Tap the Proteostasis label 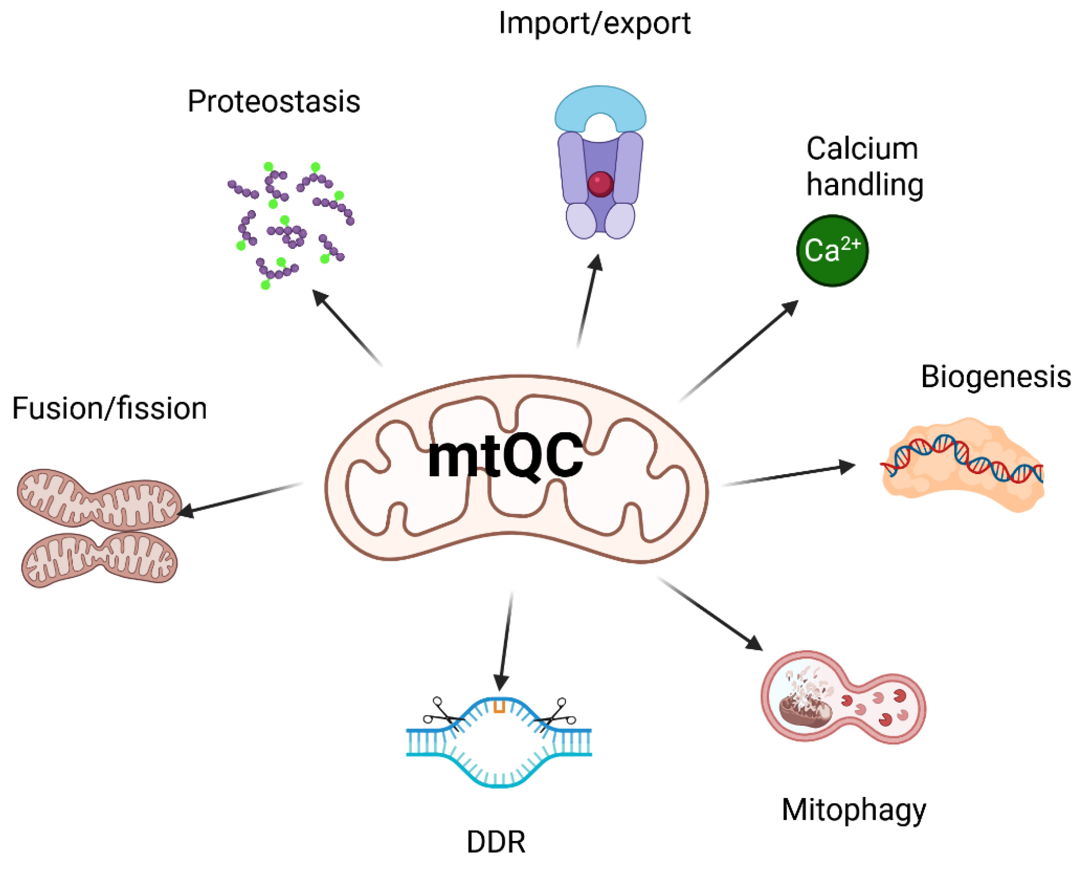tap(274, 102)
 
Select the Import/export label tap(595, 23)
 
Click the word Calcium tap(862, 149)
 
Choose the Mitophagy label tap(854, 809)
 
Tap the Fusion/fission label tap(109, 408)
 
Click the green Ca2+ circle tap(832, 250)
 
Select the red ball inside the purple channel tap(600, 184)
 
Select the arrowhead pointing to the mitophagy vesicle tap(755, 643)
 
